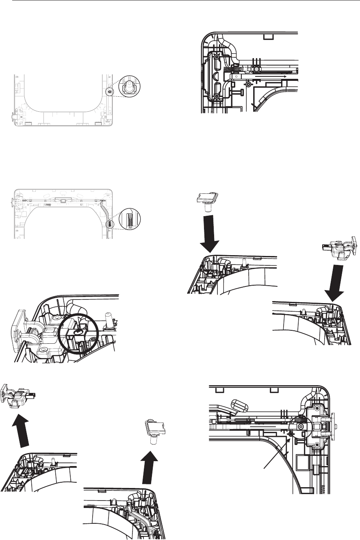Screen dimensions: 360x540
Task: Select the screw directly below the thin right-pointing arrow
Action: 248,85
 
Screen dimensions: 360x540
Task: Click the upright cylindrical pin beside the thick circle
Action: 109,317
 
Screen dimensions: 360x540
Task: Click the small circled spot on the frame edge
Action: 109,92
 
